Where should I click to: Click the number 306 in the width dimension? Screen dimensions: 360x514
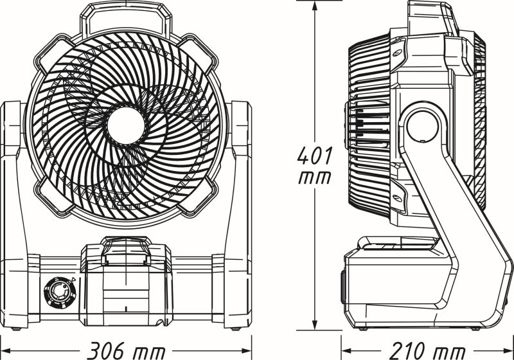click(x=106, y=351)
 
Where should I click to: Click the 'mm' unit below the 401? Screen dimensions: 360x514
click(x=316, y=177)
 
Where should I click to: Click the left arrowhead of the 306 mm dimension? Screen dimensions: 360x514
click(x=6, y=351)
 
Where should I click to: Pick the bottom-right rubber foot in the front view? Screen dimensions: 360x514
click(x=236, y=330)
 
